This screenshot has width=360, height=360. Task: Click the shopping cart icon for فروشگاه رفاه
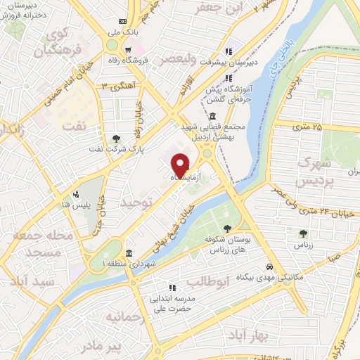[x=127, y=49]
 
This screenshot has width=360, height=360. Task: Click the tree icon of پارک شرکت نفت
[x=116, y=139]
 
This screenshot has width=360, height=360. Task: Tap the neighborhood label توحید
[x=136, y=202]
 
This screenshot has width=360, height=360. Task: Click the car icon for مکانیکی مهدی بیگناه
[x=270, y=267]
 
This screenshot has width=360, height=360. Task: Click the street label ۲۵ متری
[x=307, y=127]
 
